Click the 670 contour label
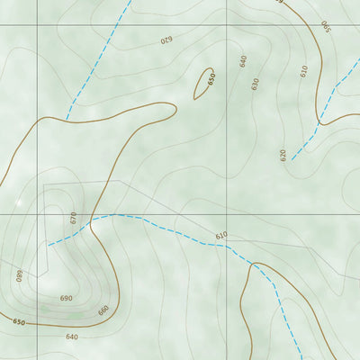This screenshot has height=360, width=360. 74,217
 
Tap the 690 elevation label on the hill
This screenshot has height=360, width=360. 67,299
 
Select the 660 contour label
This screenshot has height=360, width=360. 103,310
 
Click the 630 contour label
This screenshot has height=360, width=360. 256,84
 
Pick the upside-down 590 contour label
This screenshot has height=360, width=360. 325,26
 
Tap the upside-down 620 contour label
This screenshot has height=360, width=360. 166,40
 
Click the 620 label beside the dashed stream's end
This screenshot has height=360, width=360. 283,155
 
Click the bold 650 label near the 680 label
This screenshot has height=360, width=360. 19,321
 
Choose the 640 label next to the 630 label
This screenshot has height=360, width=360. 243,60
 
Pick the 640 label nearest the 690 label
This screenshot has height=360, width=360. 72,337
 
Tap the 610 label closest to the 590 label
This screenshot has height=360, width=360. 303,69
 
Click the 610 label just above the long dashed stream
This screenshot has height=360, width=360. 221,236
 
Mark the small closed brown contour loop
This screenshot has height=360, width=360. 204,83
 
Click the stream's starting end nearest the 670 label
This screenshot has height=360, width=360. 49,244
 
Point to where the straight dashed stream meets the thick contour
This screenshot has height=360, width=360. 67,118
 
